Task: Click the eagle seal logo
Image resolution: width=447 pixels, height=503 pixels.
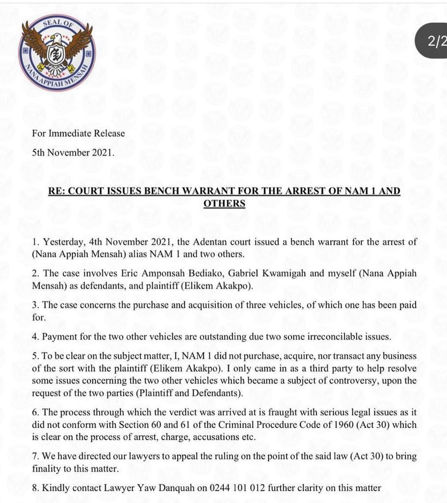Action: point(57,53)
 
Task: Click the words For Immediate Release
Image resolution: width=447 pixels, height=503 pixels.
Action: point(79,133)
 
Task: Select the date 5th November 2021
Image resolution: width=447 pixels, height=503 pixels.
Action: point(73,152)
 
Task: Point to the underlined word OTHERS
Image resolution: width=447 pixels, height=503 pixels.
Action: point(224,203)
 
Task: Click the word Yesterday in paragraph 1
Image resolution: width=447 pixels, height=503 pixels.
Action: point(62,242)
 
